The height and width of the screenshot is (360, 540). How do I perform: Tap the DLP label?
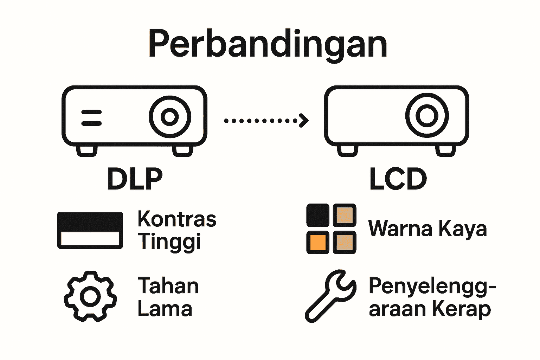click(135, 179)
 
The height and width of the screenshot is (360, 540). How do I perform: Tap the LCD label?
click(398, 179)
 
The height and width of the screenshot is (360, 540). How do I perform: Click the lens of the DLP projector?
click(170, 117)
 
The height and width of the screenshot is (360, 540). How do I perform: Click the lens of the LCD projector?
click(427, 115)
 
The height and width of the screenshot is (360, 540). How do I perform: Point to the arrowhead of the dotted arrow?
click(304, 121)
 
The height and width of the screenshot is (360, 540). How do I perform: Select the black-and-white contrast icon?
click(90, 230)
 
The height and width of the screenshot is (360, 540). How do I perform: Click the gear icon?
click(90, 296)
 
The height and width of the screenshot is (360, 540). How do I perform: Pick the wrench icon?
click(330, 295)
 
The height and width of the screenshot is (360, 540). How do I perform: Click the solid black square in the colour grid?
click(318, 215)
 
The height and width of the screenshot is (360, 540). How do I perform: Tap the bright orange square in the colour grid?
click(318, 242)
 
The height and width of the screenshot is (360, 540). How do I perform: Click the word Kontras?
click(177, 219)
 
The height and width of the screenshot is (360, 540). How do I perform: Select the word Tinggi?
click(169, 242)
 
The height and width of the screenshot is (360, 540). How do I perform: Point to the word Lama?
click(165, 309)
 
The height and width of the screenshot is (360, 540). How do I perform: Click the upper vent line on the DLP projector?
click(91, 112)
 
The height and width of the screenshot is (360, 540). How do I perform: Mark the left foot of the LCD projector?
click(347, 150)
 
